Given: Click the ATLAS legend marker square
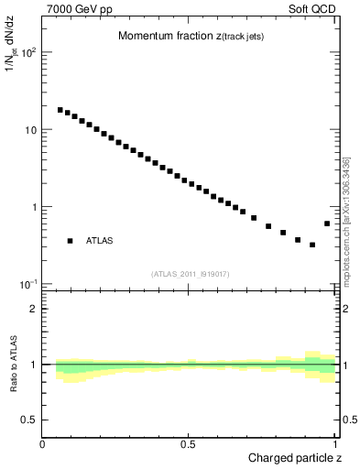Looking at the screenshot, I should (70, 241).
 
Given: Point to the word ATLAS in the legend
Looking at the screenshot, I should (100, 241).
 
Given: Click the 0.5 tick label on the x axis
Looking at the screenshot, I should (189, 444).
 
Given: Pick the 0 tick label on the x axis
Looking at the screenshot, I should (42, 444).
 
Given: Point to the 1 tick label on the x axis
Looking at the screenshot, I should (335, 444).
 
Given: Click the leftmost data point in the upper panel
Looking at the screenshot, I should (60, 110).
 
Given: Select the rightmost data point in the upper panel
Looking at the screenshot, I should (327, 224).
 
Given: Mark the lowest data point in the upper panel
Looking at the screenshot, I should (312, 245).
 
